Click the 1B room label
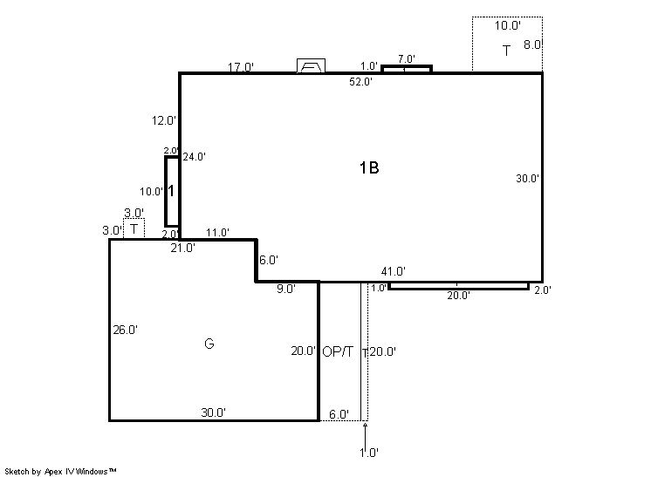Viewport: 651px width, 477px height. (x=369, y=168)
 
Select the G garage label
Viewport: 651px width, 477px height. (x=209, y=344)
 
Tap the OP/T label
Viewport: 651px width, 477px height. (x=338, y=351)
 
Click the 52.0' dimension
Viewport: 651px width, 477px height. (x=360, y=82)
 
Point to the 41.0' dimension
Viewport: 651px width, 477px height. (x=394, y=272)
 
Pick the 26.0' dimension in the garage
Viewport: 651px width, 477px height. (x=125, y=330)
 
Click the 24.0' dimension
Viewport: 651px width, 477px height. (x=195, y=157)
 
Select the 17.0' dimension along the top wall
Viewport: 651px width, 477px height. (x=240, y=67)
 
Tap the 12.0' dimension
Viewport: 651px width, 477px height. (x=163, y=120)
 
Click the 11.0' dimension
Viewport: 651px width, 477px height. (x=217, y=233)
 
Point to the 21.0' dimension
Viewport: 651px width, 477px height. (x=182, y=248)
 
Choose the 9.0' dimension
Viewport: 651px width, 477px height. (x=286, y=290)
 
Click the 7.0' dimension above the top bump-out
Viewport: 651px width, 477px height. (x=406, y=59)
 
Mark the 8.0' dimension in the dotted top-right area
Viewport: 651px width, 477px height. (x=533, y=44)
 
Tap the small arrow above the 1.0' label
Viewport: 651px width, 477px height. (x=365, y=434)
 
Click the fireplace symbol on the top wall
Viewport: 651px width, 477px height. (x=311, y=66)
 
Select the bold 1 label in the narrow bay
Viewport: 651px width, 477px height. (x=171, y=191)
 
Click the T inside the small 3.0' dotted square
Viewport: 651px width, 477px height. (x=134, y=229)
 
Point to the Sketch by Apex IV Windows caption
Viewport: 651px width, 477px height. (x=60, y=472)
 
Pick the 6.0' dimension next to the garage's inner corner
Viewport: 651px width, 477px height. (x=269, y=260)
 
